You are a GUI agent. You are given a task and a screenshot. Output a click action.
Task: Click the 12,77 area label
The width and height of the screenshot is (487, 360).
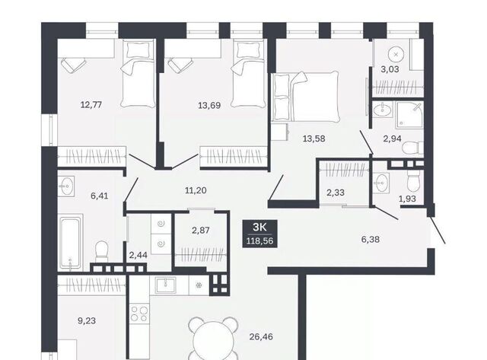[x=91, y=105]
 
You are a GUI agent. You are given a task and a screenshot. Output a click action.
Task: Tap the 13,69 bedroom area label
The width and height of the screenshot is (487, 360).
[x=209, y=105]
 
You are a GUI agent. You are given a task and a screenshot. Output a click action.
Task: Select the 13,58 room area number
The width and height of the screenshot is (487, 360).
[x=314, y=139]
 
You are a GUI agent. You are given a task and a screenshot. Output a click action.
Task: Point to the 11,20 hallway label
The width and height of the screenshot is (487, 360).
[x=196, y=190]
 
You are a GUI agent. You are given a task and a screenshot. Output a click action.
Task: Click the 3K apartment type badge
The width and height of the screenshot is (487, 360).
[x=260, y=227]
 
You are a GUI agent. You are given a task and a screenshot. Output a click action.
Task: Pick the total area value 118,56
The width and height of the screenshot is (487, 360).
[x=259, y=241]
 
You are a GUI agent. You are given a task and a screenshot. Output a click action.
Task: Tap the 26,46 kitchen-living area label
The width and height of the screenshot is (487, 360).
[x=261, y=336]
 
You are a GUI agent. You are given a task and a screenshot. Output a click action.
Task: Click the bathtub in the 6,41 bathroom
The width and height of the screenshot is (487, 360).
[x=71, y=241]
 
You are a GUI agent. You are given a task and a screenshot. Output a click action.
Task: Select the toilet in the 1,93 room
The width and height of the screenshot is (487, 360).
[x=413, y=182]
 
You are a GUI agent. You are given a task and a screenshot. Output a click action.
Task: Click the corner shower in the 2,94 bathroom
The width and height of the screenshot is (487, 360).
[x=409, y=115]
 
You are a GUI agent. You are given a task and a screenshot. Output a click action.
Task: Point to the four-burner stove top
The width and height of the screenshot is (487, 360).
[x=138, y=314]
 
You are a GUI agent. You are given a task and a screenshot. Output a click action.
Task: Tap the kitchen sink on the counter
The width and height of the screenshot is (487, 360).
[x=166, y=285]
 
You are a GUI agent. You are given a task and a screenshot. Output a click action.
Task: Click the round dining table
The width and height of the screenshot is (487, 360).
[x=213, y=341]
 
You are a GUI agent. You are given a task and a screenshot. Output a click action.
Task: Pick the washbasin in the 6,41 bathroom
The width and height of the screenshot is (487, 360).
[x=66, y=186]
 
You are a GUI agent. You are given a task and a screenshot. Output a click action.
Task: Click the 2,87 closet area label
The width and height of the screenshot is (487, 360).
[x=201, y=231]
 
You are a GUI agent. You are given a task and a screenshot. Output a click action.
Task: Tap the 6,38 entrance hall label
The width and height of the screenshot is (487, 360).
[x=371, y=240]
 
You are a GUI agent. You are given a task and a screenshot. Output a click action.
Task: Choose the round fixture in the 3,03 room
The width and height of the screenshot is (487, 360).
[x=396, y=55]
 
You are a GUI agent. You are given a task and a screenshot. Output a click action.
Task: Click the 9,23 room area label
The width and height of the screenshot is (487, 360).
[x=87, y=320]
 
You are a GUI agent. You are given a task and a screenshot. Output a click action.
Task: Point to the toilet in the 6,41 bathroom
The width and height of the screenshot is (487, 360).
[x=101, y=251]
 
